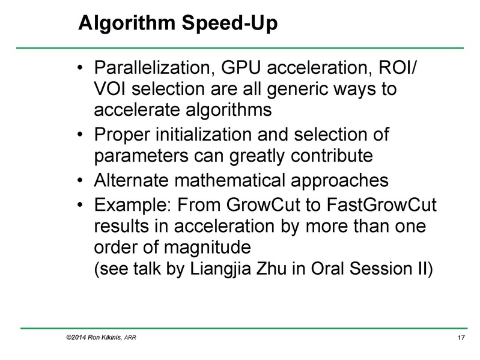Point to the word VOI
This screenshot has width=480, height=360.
tap(112, 90)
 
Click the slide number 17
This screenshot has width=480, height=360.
tap(462, 341)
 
